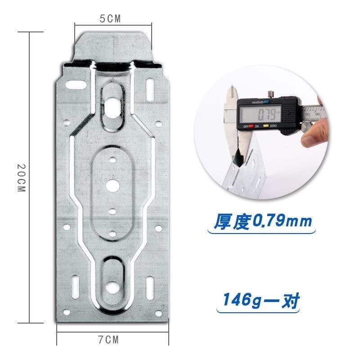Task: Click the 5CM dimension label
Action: pyautogui.click(x=110, y=18)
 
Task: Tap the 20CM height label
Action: pyautogui.click(x=21, y=178)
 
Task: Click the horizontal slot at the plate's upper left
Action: pyautogui.click(x=76, y=84)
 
